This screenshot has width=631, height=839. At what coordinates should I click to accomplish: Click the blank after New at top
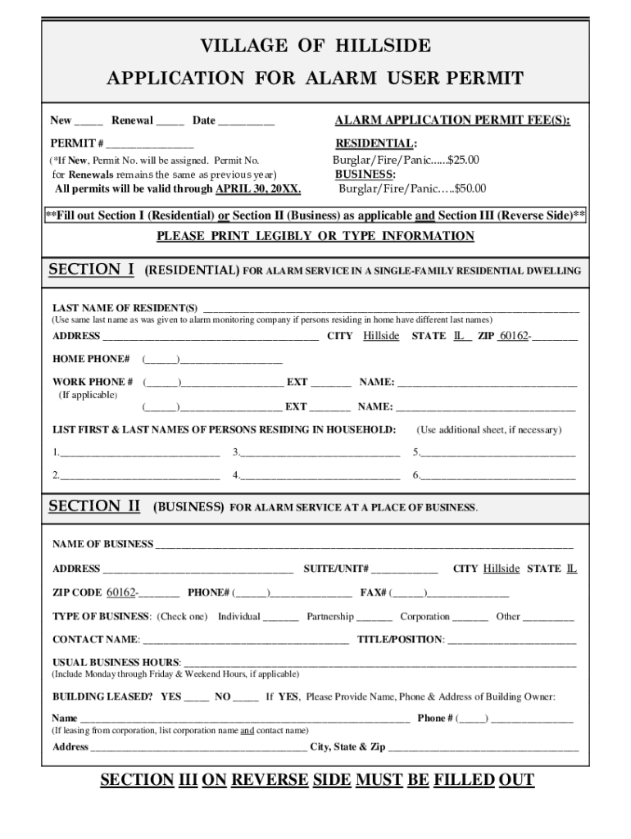coord(89,123)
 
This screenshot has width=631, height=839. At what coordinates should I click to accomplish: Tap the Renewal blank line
coord(170,123)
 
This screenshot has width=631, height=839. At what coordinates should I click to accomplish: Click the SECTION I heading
coord(92,270)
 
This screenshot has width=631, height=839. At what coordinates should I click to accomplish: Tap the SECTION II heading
coord(95,506)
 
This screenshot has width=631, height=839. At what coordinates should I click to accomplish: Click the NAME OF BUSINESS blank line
coord(364,546)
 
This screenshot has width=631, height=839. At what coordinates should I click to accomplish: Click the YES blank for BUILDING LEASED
coord(196,699)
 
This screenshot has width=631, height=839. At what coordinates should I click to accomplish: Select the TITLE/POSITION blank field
coord(511,641)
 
